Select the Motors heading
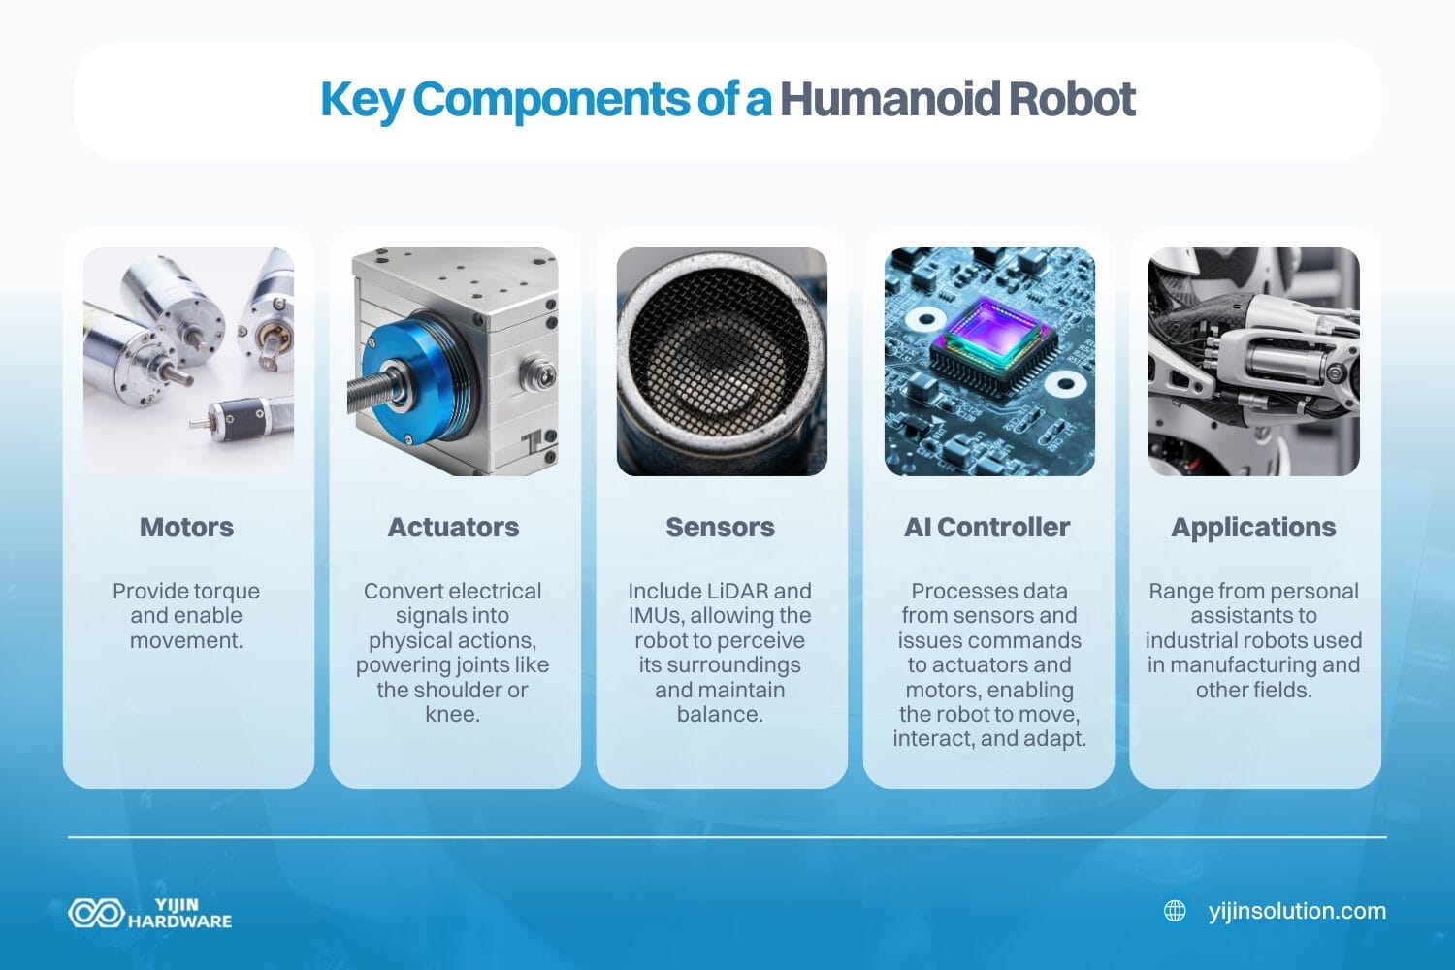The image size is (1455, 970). (x=187, y=527)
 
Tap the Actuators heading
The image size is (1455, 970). (x=453, y=527)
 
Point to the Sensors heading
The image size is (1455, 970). (x=720, y=527)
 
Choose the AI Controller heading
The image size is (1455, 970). (x=986, y=527)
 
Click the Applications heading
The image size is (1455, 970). (x=1253, y=527)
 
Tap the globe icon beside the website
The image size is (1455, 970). (x=1175, y=911)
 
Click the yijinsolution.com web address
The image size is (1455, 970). (x=1297, y=911)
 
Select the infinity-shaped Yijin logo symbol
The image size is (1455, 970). (x=95, y=913)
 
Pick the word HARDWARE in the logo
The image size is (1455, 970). (x=180, y=921)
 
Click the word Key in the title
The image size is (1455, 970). (x=361, y=99)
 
